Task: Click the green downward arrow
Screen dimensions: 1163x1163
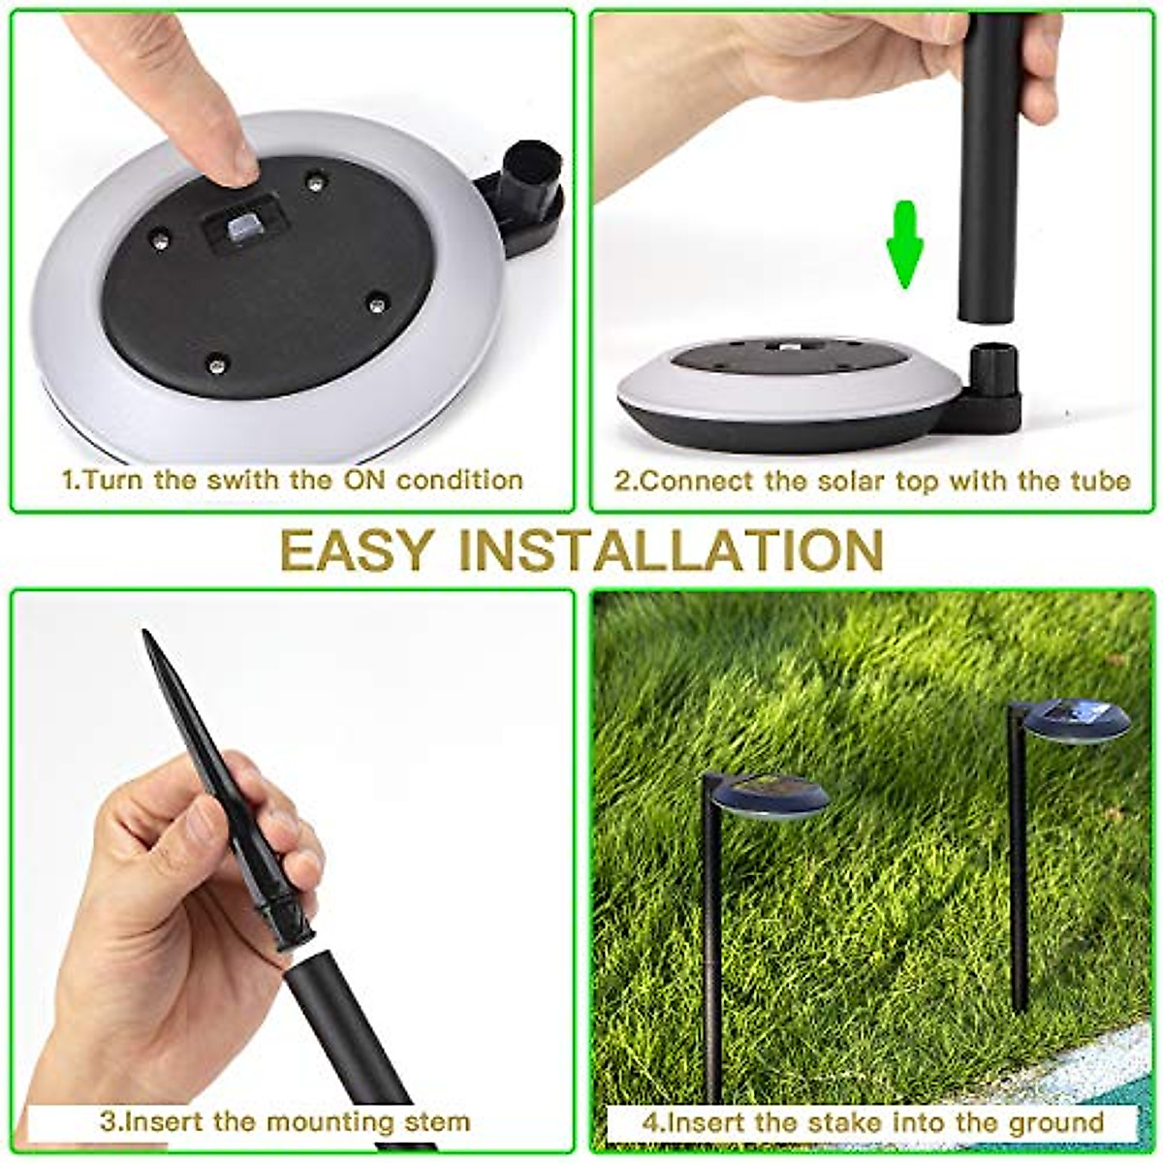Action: [905, 245]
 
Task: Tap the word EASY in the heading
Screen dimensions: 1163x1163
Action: [354, 550]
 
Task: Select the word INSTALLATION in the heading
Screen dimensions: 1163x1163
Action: [671, 550]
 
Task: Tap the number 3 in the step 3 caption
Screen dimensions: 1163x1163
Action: [107, 1122]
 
